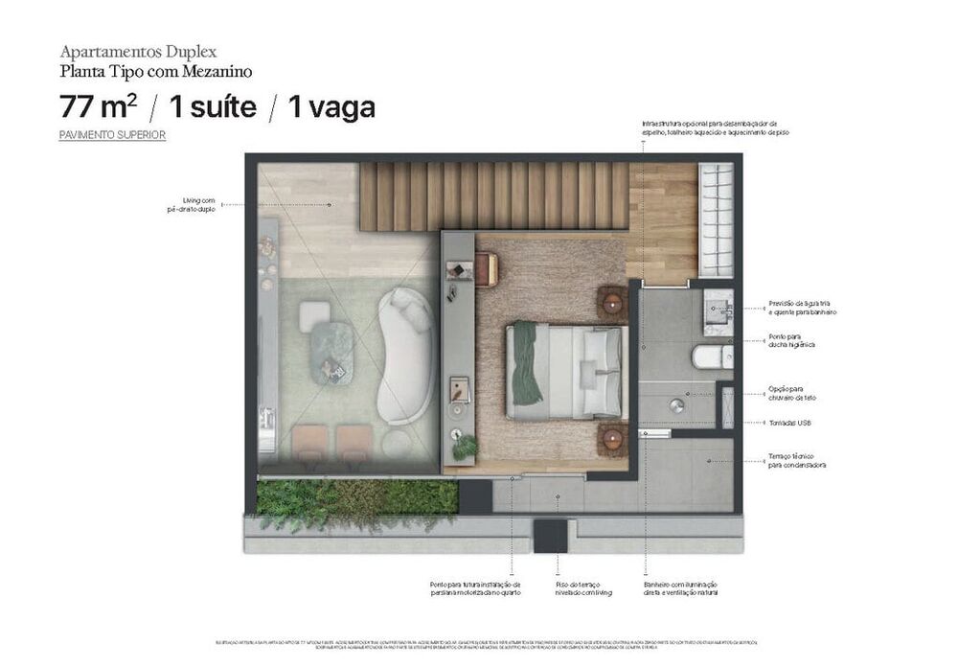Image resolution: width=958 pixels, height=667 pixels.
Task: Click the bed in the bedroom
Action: [x=567, y=371]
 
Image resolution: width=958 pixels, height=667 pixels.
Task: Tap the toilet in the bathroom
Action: [x=711, y=357]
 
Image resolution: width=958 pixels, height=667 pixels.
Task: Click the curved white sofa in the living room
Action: [x=406, y=356]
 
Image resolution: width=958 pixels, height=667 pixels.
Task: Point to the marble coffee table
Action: [x=332, y=352]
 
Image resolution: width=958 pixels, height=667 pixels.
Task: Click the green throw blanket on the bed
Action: [x=526, y=361]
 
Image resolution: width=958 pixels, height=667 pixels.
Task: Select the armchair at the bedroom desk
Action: [x=485, y=268]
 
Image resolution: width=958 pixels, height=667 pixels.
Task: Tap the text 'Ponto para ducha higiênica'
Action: [x=791, y=340]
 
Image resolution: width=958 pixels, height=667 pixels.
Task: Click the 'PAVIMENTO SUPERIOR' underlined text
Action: [x=112, y=135]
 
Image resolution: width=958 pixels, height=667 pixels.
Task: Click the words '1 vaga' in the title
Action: [x=331, y=106]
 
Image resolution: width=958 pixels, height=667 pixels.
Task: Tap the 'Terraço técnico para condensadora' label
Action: [x=797, y=461]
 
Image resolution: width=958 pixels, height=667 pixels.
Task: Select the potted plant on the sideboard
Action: [x=466, y=446]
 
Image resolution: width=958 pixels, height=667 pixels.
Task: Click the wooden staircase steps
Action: [x=493, y=195]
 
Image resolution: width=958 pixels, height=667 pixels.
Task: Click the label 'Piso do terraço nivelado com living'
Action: [x=582, y=588]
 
